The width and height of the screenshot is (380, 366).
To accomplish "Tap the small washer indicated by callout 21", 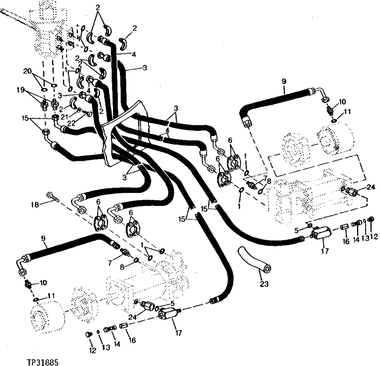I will click(79, 110).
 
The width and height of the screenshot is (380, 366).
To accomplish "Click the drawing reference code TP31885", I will click(43, 361).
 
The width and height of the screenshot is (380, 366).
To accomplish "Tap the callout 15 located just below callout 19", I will click(26, 118).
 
